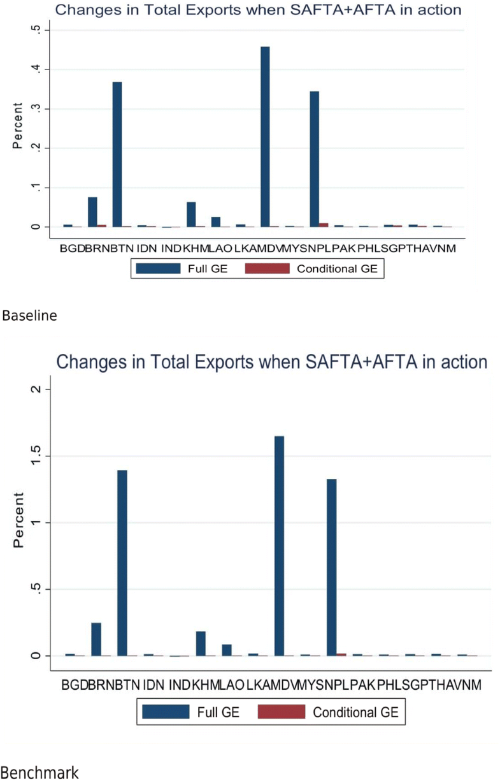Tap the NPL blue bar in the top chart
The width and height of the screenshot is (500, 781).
(315, 159)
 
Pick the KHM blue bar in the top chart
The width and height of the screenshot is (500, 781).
(191, 214)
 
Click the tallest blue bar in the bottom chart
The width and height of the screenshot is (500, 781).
(279, 546)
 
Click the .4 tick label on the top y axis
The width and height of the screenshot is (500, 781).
(37, 69)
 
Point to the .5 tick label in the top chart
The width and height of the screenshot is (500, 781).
(37, 29)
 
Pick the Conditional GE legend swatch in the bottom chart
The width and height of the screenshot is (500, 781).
(281, 712)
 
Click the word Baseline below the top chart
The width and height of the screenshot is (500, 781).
(29, 316)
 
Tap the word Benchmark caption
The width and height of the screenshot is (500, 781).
(39, 773)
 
